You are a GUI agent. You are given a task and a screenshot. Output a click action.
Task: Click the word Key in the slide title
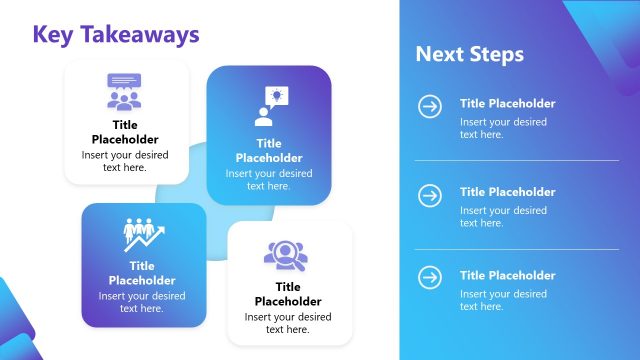(53, 34)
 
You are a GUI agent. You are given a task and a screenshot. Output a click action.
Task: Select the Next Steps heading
(469, 54)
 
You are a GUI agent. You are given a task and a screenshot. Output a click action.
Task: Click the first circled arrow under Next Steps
(430, 106)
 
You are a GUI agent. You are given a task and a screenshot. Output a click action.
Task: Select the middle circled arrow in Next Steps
(430, 194)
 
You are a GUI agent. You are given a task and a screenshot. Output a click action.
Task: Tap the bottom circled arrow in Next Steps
(430, 277)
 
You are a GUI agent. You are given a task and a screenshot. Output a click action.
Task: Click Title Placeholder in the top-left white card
(125, 132)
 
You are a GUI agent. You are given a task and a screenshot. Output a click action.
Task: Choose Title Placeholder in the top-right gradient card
(269, 150)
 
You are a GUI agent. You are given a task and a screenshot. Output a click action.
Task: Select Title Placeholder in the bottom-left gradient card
(142, 273)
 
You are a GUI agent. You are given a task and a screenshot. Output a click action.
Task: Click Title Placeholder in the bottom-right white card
(288, 294)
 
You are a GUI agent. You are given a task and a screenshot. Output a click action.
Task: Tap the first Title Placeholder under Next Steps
(507, 103)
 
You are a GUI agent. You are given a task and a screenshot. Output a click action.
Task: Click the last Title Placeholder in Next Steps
(507, 275)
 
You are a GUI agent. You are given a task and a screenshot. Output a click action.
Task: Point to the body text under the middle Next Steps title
(503, 216)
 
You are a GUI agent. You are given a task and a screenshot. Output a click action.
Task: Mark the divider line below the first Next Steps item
(516, 160)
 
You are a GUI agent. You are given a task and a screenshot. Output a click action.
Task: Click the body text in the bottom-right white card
(288, 322)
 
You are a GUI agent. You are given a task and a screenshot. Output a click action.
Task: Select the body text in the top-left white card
(125, 161)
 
